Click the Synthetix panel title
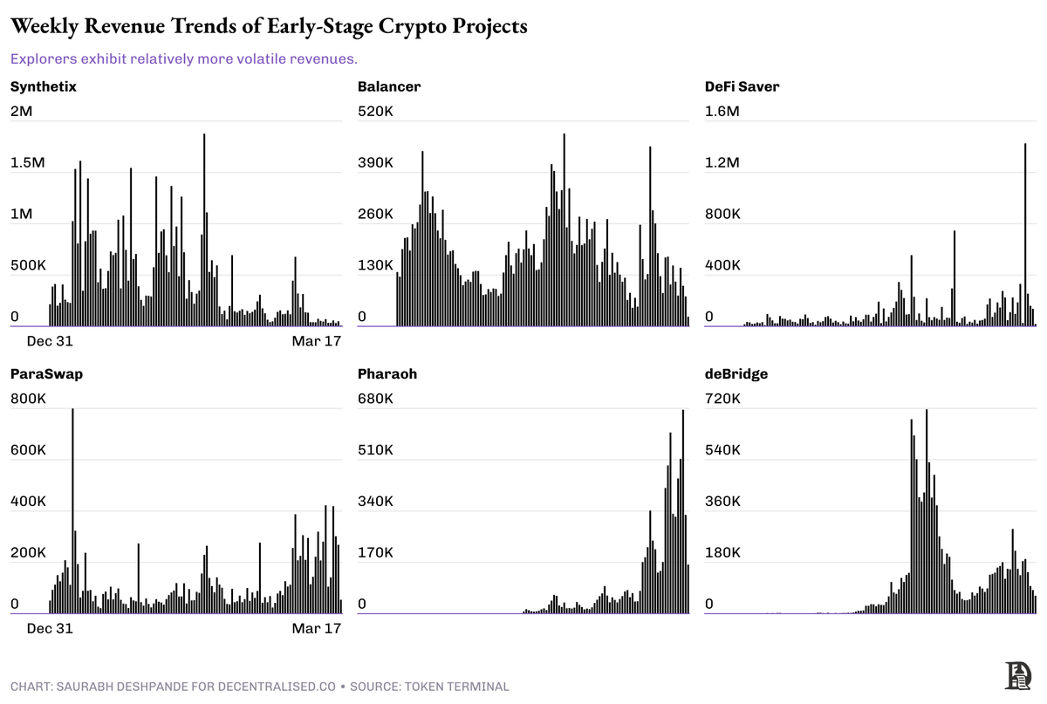(x=43, y=86)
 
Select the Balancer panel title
(x=389, y=86)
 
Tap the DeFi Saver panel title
(x=742, y=86)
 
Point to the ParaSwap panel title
(x=46, y=374)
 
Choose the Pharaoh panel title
(x=387, y=374)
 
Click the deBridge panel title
(x=736, y=374)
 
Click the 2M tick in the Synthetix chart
(x=22, y=112)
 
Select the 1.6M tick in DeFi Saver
(x=722, y=112)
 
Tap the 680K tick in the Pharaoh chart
(x=375, y=400)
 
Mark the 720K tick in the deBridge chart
(x=722, y=400)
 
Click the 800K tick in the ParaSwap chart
(x=27, y=400)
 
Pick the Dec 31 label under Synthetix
(x=50, y=341)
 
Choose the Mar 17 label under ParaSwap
(x=316, y=629)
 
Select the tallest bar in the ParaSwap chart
(x=72, y=510)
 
